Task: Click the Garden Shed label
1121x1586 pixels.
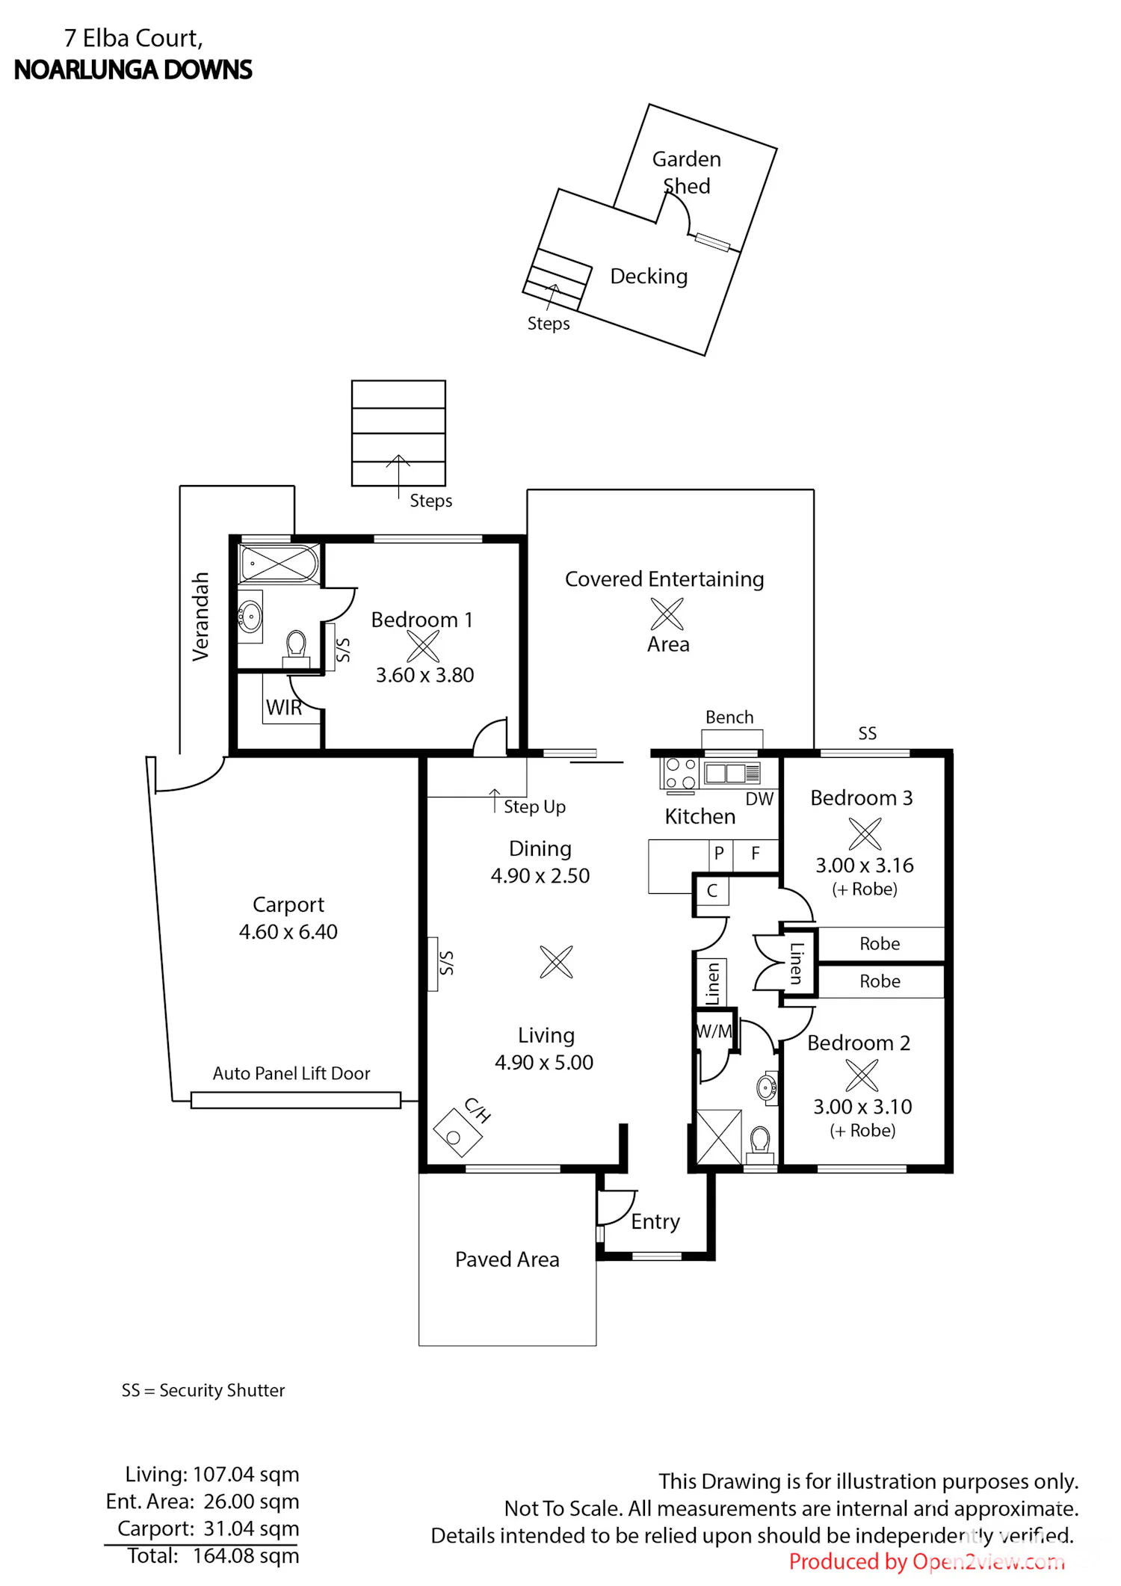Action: [687, 173]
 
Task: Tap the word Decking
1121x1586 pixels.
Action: [649, 277]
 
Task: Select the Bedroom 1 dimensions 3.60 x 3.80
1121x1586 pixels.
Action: [424, 675]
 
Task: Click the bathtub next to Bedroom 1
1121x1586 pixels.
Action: [280, 564]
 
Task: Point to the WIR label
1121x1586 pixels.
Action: [284, 708]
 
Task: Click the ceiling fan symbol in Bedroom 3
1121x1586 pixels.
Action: [865, 833]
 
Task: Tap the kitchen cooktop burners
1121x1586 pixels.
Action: [680, 774]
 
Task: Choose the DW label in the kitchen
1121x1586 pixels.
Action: [759, 799]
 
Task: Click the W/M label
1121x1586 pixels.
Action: [714, 1031]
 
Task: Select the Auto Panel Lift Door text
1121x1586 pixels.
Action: [291, 1073]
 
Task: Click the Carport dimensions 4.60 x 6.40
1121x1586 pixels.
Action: [288, 932]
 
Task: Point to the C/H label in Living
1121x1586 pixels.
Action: [478, 1110]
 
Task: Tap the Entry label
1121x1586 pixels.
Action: [655, 1222]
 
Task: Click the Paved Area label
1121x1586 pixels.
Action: [507, 1260]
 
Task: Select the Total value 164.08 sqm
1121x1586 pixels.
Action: [246, 1556]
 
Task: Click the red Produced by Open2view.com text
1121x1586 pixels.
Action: [927, 1562]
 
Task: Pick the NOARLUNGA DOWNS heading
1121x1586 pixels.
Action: [133, 70]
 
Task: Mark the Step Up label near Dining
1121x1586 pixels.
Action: [534, 807]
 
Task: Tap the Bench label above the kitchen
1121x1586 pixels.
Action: [729, 718]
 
